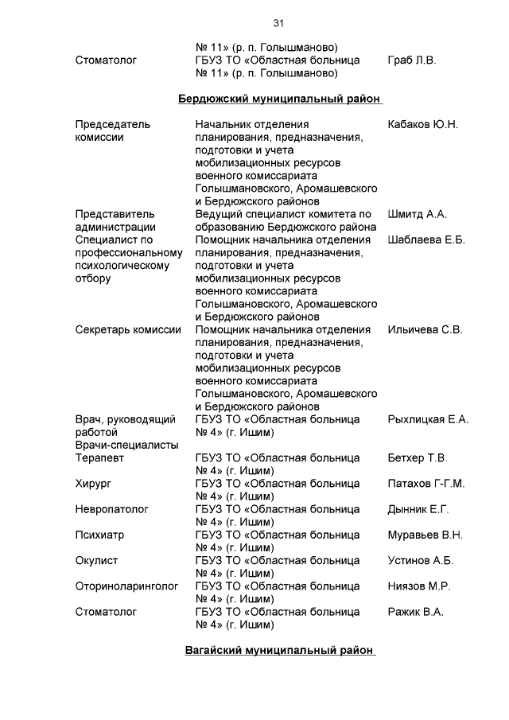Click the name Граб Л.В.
[x=412, y=60]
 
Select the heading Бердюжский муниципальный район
[x=278, y=99]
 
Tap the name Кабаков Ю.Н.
[x=423, y=125]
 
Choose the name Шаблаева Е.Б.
[x=426, y=239]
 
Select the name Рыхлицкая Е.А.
[x=428, y=419]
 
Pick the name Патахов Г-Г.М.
[x=426, y=484]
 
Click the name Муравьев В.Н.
[x=425, y=535]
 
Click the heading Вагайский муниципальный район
[x=278, y=650]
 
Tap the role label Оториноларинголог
[x=126, y=586]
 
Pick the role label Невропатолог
[x=111, y=509]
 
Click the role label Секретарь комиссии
[x=128, y=329]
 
